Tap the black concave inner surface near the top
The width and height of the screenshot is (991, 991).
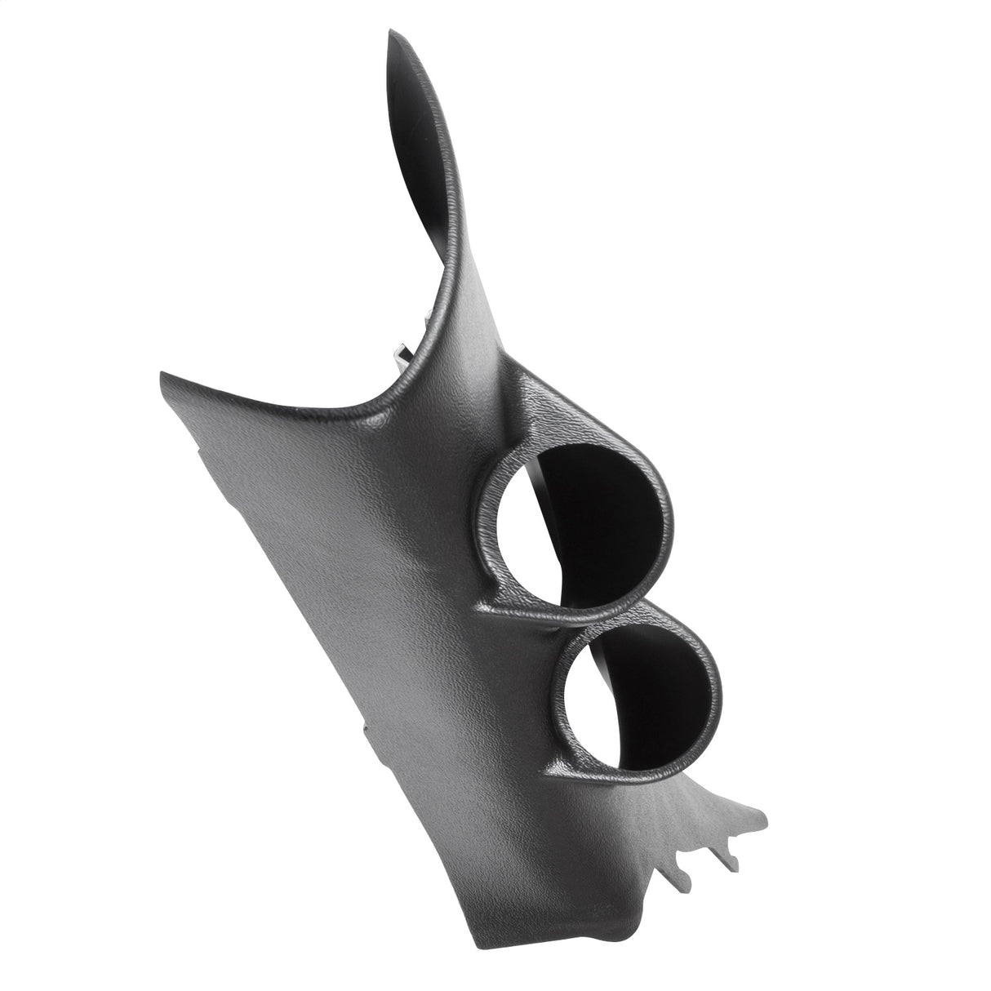416,155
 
